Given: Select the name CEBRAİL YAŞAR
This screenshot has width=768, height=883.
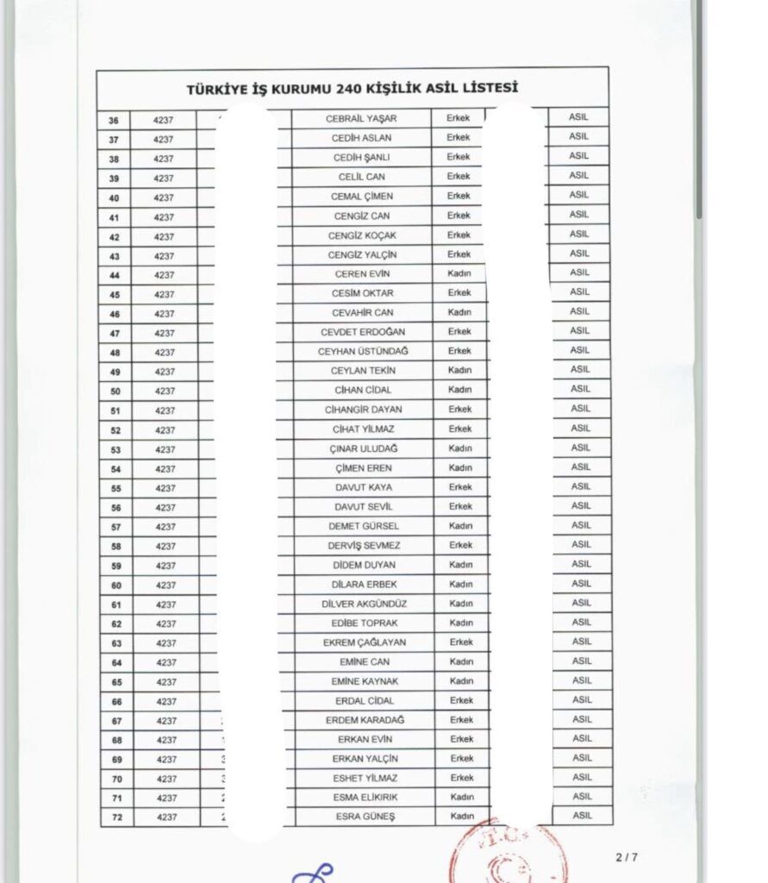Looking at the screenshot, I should point(361,118).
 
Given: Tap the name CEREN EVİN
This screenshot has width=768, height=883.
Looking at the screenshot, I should point(362,274).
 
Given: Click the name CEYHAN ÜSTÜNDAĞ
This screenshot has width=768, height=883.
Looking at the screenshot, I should point(362,352).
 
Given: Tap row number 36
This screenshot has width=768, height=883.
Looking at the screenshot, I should point(114,121).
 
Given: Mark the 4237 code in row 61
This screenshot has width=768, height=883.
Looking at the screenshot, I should point(165,604).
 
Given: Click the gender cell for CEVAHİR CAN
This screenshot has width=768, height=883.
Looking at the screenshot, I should point(459,312).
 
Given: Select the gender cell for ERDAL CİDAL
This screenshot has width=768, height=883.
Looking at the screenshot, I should point(461,700).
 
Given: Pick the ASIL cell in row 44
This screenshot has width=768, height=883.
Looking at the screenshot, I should point(579,272).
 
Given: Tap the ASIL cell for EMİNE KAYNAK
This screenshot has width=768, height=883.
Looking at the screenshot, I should point(582,680).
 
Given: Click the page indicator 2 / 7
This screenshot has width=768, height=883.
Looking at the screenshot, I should point(627,857).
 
